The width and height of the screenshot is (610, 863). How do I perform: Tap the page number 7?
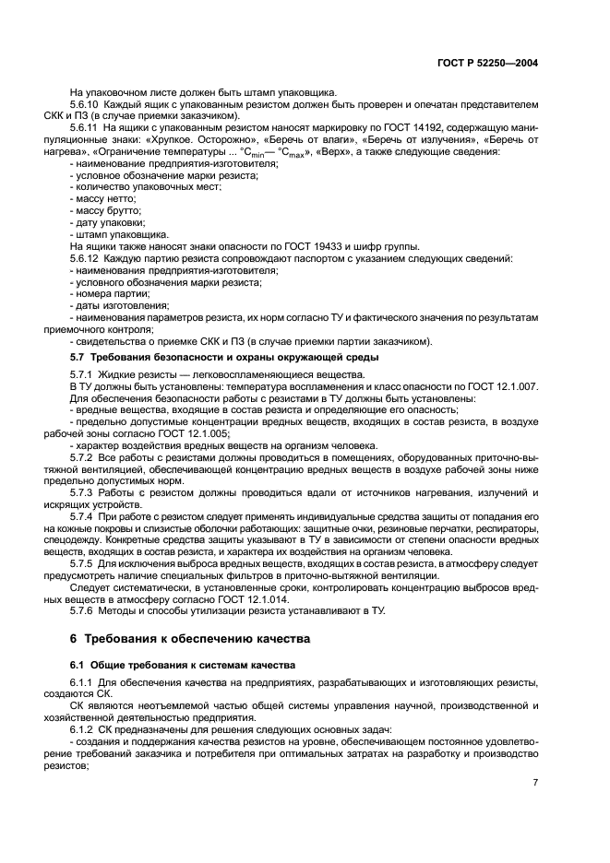click(x=535, y=782)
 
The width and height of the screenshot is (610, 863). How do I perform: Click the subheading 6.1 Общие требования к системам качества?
click(x=184, y=664)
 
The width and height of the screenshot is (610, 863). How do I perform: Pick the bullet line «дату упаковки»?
click(x=109, y=222)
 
